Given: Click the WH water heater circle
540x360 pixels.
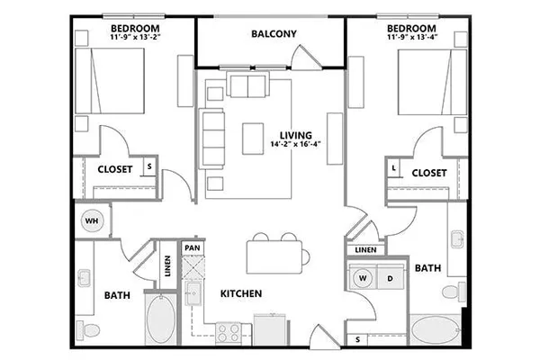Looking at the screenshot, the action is click(x=92, y=220).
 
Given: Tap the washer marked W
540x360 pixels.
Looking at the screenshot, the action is click(x=363, y=278).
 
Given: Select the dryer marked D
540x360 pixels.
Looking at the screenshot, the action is click(x=391, y=278).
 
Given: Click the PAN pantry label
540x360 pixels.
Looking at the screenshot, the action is click(x=193, y=247).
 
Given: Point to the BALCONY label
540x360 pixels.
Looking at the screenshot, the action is click(x=274, y=34).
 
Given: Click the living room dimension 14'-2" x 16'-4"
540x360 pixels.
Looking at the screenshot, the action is click(x=295, y=144).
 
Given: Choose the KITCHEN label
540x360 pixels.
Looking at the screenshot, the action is click(x=241, y=293).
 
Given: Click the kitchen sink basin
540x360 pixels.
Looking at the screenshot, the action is click(x=193, y=293).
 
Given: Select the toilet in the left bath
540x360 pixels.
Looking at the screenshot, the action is click(x=88, y=330).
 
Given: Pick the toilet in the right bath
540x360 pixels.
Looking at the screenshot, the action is click(x=454, y=292).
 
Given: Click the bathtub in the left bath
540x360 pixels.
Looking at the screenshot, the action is click(x=161, y=319).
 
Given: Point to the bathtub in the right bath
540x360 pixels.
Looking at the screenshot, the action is click(x=436, y=330).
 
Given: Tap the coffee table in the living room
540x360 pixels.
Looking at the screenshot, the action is click(x=253, y=139).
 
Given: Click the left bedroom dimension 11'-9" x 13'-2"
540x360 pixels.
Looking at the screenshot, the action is click(x=136, y=37).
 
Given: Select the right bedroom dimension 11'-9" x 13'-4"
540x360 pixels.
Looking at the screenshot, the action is click(x=412, y=37).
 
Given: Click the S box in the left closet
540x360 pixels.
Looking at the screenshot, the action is click(x=149, y=166).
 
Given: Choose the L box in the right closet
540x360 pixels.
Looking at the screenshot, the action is click(x=393, y=168).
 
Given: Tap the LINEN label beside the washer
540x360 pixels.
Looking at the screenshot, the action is click(x=365, y=250).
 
